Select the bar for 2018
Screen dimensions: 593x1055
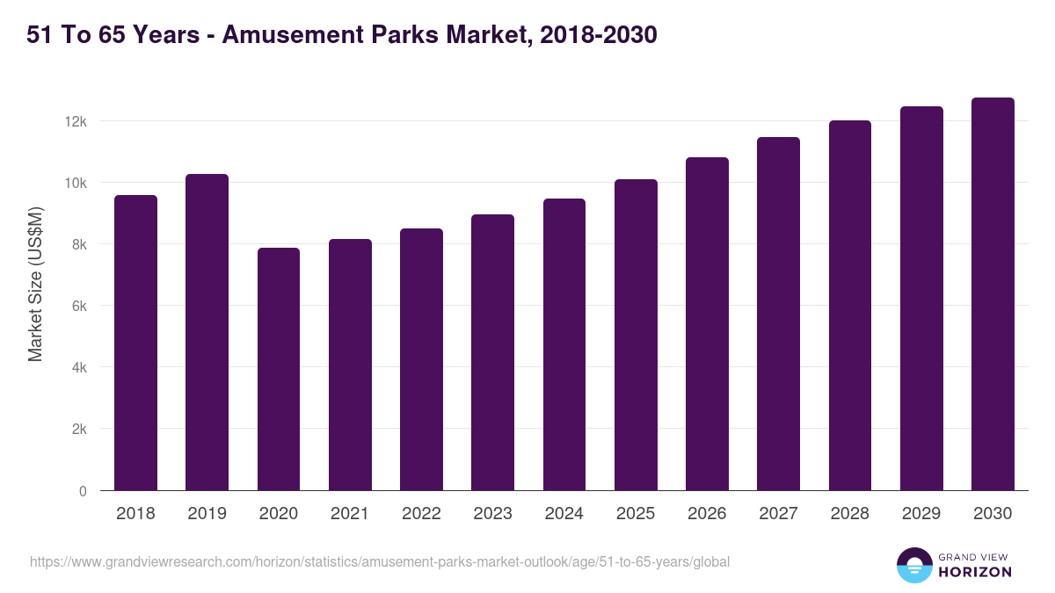(135, 343)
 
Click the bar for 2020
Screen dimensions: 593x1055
(279, 369)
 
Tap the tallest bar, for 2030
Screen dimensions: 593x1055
(993, 294)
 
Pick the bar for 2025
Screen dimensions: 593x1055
(636, 335)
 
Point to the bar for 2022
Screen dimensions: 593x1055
(421, 359)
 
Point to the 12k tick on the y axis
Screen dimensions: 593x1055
(76, 121)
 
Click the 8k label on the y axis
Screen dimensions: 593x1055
(79, 245)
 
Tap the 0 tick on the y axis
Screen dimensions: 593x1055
(83, 491)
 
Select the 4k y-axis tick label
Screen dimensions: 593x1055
(79, 368)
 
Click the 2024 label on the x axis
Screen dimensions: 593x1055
(564, 514)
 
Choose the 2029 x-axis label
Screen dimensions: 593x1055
(920, 514)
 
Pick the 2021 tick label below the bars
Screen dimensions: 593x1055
(350, 514)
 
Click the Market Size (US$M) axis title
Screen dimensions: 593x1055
(35, 284)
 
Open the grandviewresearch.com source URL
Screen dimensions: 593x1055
(380, 561)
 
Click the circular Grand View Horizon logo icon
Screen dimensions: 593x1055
(914, 565)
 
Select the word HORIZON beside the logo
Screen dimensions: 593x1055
(975, 572)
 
